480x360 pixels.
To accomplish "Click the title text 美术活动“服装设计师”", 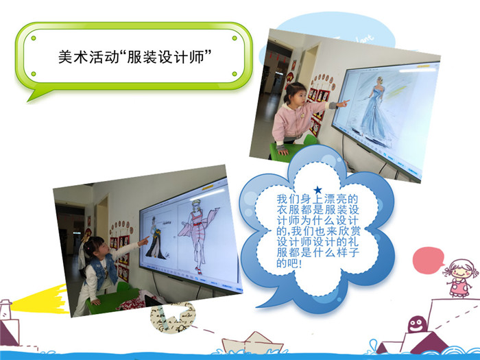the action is click(135, 57).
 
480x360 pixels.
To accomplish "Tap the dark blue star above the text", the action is click(318, 190).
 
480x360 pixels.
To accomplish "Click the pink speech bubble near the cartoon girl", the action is click(428, 260).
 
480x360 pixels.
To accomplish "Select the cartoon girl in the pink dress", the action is click(460, 278).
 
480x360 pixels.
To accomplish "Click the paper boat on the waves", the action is click(252, 343).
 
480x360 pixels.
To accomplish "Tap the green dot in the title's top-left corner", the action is click(34, 38).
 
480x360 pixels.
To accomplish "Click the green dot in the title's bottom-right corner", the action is click(235, 74).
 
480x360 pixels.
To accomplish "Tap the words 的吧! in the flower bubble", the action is click(289, 263).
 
